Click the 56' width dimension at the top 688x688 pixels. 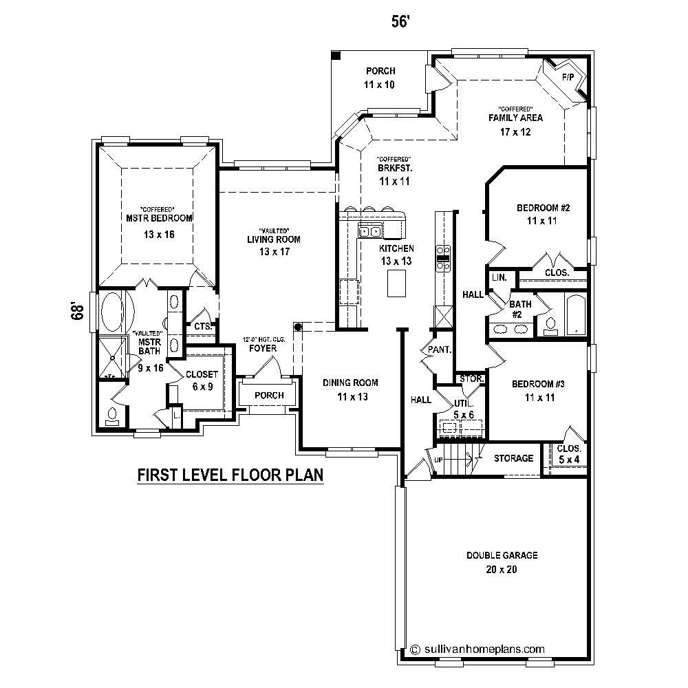[x=400, y=22]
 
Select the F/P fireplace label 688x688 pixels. [x=568, y=76]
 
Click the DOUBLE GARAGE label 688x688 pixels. [x=502, y=555]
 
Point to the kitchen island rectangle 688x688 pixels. [x=396, y=283]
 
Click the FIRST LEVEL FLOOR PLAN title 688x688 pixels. [x=230, y=475]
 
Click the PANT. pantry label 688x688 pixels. [x=439, y=350]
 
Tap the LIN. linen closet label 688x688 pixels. [x=499, y=277]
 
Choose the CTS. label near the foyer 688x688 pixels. [x=202, y=327]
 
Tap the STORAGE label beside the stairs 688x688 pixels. [x=514, y=458]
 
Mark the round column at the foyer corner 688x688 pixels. [x=298, y=327]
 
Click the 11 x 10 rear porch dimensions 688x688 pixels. [x=380, y=85]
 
